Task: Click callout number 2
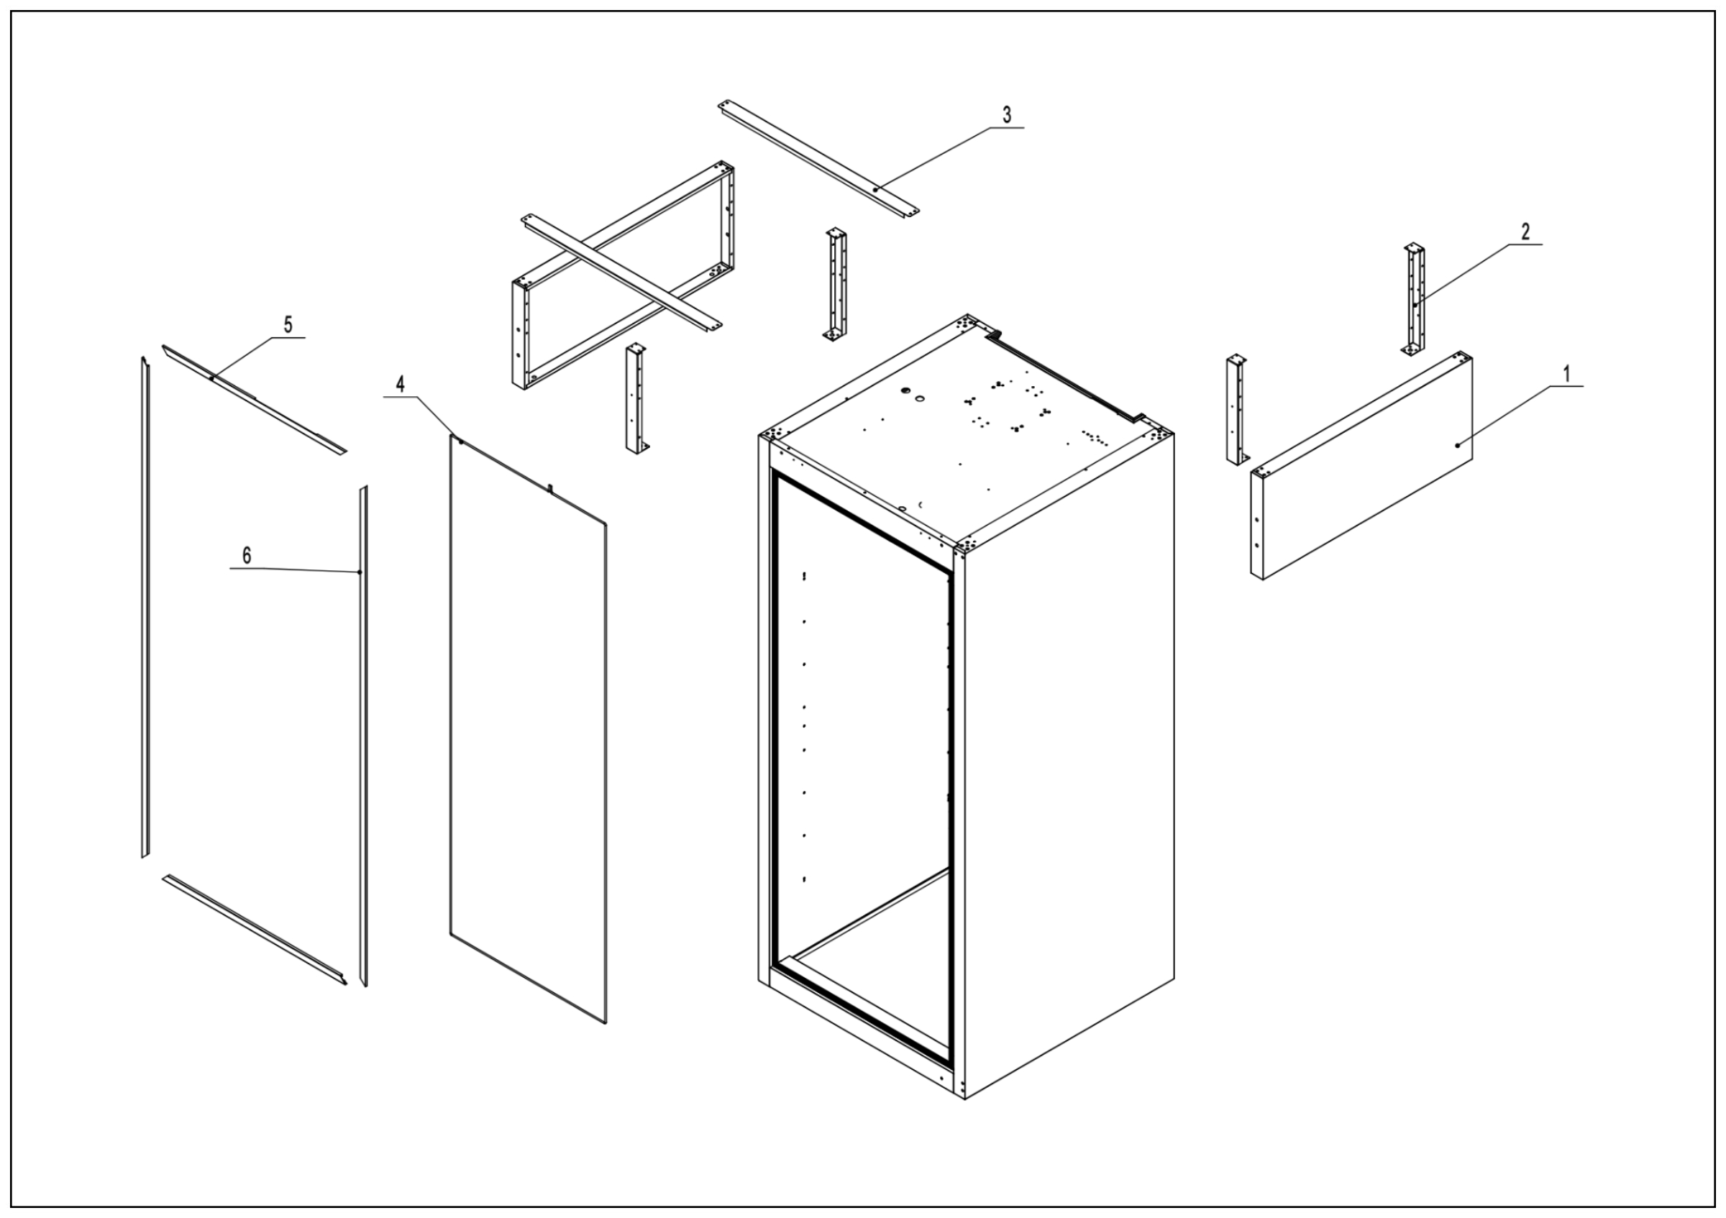pyautogui.click(x=1525, y=232)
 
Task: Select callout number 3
pyautogui.click(x=1007, y=115)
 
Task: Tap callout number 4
pyautogui.click(x=401, y=384)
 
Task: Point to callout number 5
pyautogui.click(x=288, y=324)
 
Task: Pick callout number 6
pyautogui.click(x=246, y=555)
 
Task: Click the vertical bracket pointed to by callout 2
pyautogui.click(x=1414, y=301)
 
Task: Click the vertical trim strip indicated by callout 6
pyautogui.click(x=363, y=736)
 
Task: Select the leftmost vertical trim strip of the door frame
pyautogui.click(x=145, y=608)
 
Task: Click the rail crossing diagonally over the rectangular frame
pyautogui.click(x=620, y=273)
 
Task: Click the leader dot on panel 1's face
pyautogui.click(x=1457, y=446)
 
